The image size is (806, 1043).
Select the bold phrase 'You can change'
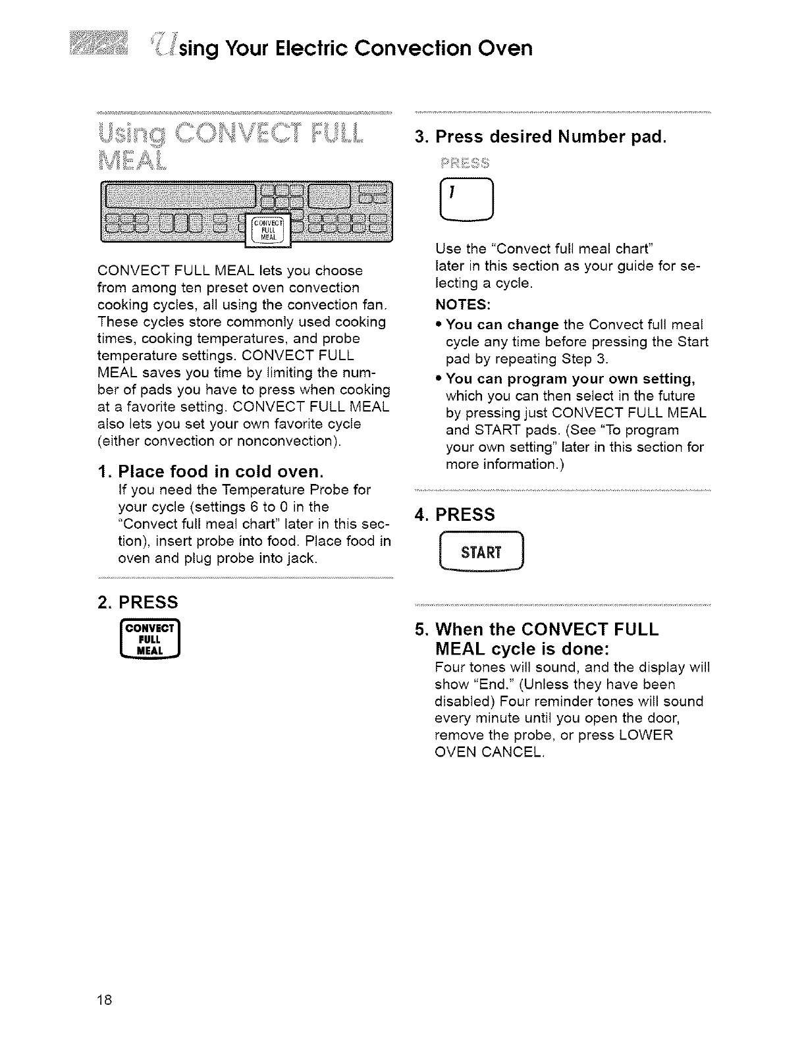pyautogui.click(x=502, y=324)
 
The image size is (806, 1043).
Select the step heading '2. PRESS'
pyautogui.click(x=136, y=602)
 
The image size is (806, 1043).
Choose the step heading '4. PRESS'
pyautogui.click(x=454, y=514)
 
